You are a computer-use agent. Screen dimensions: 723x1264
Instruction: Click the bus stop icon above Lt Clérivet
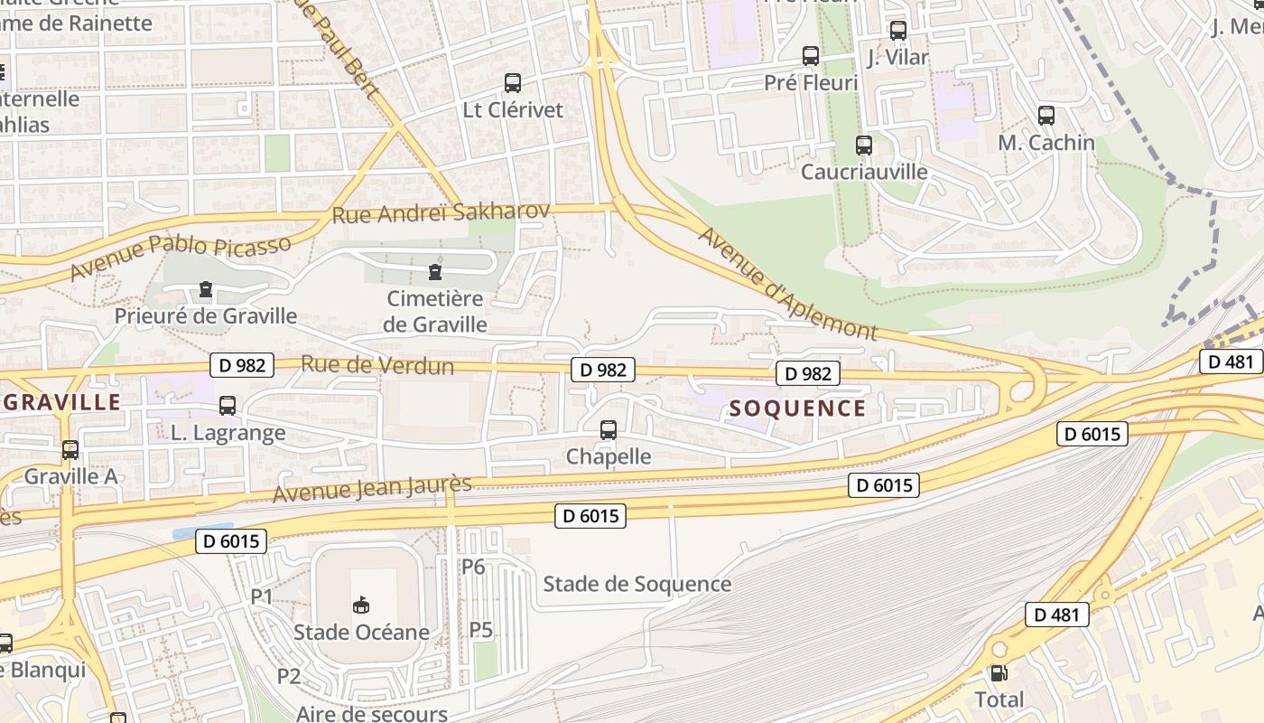tap(513, 83)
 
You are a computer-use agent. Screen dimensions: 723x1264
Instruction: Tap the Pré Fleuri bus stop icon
tap(811, 56)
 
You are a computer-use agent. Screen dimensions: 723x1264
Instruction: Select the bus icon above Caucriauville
tap(864, 145)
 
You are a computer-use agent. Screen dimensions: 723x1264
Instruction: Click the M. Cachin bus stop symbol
tap(1046, 116)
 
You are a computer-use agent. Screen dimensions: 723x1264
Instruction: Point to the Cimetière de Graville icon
tap(435, 270)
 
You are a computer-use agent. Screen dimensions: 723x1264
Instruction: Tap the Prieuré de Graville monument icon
tap(206, 290)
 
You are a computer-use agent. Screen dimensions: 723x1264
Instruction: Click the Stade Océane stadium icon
tap(361, 605)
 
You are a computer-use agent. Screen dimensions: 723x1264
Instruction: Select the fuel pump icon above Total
tap(999, 673)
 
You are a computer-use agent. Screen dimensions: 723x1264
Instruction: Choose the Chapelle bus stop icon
tap(609, 430)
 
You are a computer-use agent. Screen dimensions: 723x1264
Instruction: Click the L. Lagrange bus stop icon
tap(228, 406)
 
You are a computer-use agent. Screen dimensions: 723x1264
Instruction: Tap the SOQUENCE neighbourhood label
tap(797, 408)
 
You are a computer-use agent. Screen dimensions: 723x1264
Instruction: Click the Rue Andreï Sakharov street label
tap(441, 213)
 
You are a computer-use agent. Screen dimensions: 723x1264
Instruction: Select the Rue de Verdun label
tap(376, 365)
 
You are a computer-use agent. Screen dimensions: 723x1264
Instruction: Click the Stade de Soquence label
tap(637, 584)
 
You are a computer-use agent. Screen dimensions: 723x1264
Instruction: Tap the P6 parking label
tap(473, 567)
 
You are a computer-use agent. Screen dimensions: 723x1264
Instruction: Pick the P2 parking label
tap(288, 675)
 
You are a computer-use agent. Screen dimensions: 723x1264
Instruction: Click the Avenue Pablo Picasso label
tap(181, 258)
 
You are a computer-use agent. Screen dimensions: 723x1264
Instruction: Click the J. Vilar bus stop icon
tap(898, 31)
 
